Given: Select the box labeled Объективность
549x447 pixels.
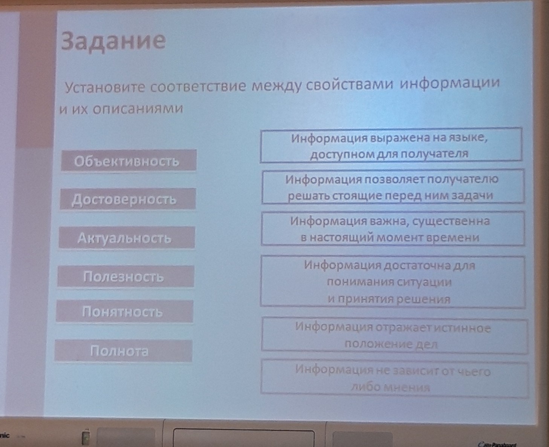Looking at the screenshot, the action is point(128,160).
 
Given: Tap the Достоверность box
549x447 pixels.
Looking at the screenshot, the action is point(128,199).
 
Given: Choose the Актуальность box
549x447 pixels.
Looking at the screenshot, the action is point(127,238).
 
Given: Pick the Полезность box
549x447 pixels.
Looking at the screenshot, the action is point(126,276).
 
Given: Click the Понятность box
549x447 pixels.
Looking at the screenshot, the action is point(125,311).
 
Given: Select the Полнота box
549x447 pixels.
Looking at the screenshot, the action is point(124,351).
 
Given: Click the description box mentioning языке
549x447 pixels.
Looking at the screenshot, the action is point(391,145).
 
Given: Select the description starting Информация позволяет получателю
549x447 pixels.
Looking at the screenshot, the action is point(393,187).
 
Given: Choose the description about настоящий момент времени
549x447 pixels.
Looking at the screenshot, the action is point(393,229).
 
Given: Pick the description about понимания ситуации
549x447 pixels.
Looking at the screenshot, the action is point(393,282).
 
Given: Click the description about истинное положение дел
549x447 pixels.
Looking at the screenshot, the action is point(395,335).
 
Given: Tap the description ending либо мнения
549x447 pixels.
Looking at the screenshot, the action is point(395,378).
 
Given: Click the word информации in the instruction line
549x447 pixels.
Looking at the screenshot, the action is point(450,83).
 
